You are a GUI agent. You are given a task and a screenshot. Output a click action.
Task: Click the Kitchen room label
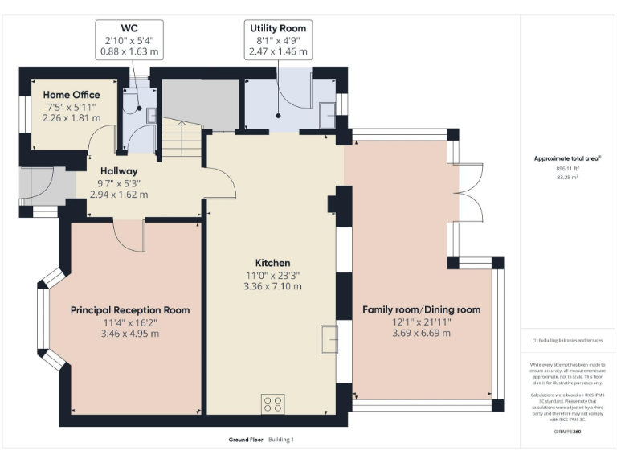point(272,263)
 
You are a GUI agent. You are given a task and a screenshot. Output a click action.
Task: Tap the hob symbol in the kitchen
point(272,404)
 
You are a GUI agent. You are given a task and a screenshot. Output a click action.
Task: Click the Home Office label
point(72,95)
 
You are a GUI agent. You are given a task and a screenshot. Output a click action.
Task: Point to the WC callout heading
point(129,28)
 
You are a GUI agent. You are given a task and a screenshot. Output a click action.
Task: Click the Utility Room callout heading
point(278,28)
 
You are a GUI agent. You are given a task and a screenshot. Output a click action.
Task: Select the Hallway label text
point(118,171)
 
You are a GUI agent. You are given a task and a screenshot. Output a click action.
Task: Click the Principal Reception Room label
point(130,310)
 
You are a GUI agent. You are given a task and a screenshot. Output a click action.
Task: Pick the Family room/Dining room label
point(421,309)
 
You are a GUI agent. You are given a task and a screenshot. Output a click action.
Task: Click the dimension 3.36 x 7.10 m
point(272,286)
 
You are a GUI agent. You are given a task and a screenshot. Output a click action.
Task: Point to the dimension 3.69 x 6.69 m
point(421,333)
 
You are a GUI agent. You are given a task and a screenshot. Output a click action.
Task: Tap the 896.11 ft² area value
point(567,169)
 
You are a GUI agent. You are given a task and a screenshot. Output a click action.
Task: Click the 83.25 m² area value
point(567,178)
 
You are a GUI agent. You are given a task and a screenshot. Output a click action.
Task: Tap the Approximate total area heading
point(567,158)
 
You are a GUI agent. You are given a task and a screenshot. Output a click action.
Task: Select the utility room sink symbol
point(328,116)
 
